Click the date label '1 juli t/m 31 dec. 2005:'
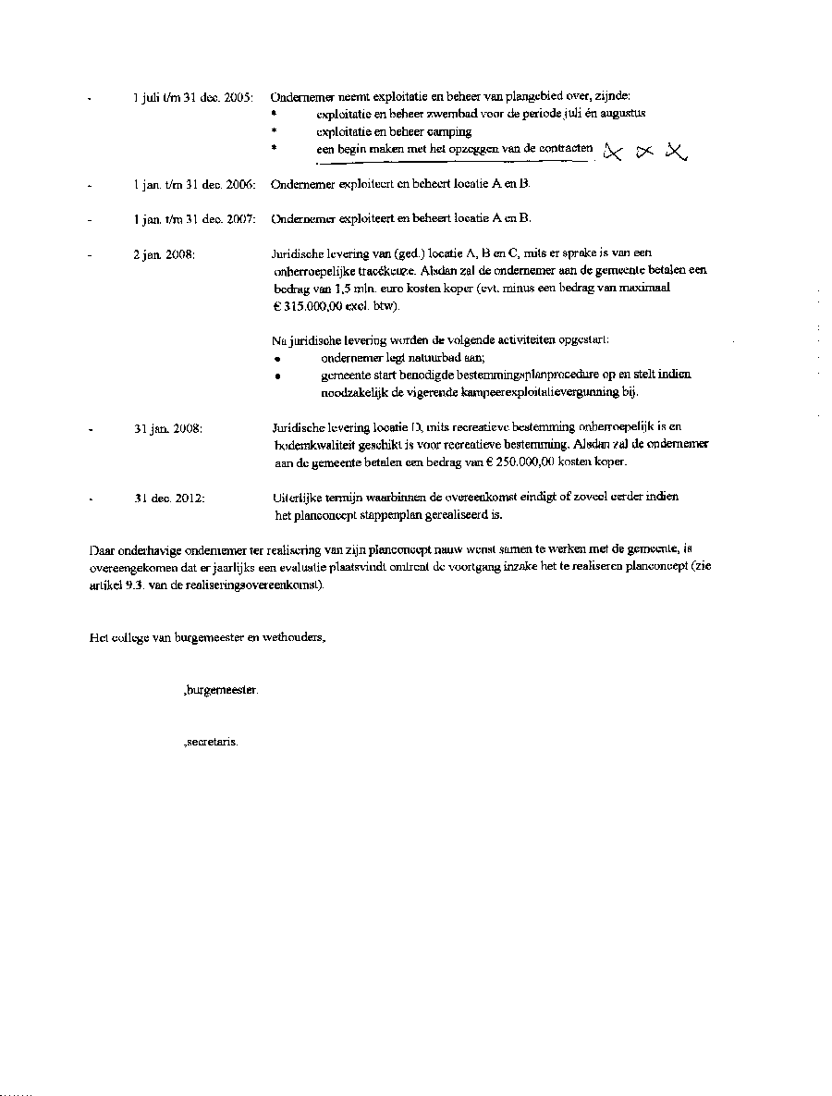tap(194, 97)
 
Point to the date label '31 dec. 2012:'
tap(169, 498)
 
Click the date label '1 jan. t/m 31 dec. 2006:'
tap(194, 184)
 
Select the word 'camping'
tap(449, 131)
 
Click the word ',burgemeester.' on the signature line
tap(221, 690)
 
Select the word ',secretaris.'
tap(212, 742)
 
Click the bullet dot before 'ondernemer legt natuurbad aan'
tap(277, 359)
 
